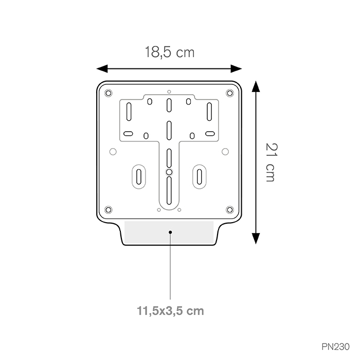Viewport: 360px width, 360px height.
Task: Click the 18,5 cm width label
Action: (170, 52)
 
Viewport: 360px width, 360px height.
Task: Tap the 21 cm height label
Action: (272, 163)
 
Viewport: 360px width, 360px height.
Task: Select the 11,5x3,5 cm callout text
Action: (170, 311)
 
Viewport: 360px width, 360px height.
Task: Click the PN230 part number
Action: (335, 347)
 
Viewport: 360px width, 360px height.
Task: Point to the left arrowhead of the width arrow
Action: (102, 68)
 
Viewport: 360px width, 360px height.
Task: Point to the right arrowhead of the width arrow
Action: (236, 68)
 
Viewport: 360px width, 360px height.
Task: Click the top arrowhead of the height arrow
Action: (256, 86)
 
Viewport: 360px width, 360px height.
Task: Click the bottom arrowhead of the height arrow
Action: (256, 238)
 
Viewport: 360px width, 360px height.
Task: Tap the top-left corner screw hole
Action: (108, 93)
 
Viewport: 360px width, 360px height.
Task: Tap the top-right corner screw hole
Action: (230, 93)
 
